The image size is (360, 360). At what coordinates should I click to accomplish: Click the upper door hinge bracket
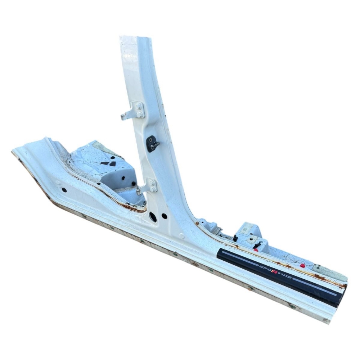[133, 111]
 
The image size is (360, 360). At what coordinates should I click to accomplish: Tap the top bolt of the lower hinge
[151, 183]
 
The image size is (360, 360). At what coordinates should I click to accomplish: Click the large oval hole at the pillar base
[152, 216]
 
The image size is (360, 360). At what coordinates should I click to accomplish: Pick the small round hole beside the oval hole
[164, 216]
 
